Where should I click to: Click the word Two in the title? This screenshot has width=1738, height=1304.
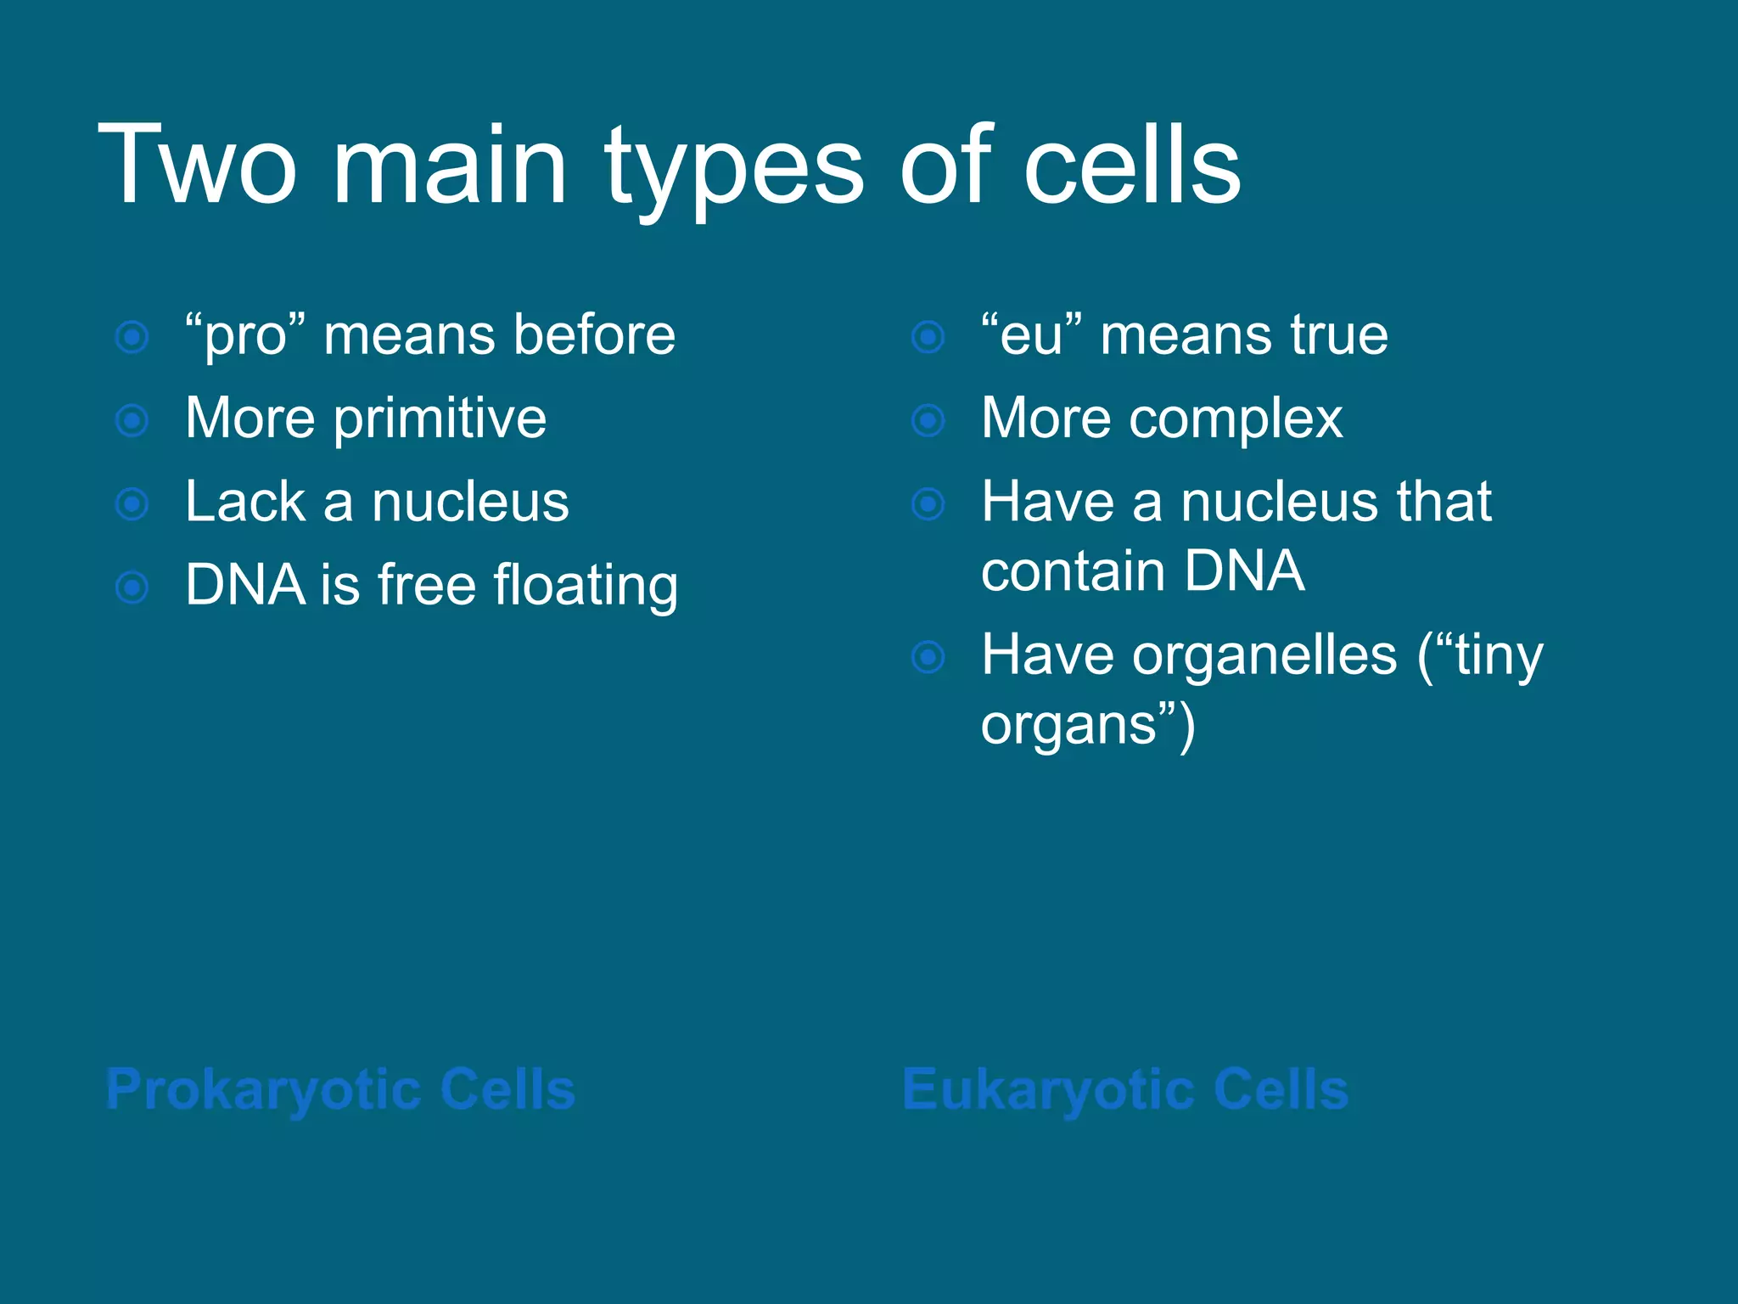[197, 166]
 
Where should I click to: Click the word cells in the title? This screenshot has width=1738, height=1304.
[1132, 166]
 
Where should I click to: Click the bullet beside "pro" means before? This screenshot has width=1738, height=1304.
[132, 337]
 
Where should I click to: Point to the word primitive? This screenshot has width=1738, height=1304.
[440, 419]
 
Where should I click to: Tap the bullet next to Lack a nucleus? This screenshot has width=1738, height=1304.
[132, 504]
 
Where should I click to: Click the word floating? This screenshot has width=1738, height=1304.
[586, 586]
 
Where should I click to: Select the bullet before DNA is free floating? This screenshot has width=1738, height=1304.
[132, 587]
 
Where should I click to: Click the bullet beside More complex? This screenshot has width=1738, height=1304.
[928, 420]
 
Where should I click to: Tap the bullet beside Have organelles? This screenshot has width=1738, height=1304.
[928, 657]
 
